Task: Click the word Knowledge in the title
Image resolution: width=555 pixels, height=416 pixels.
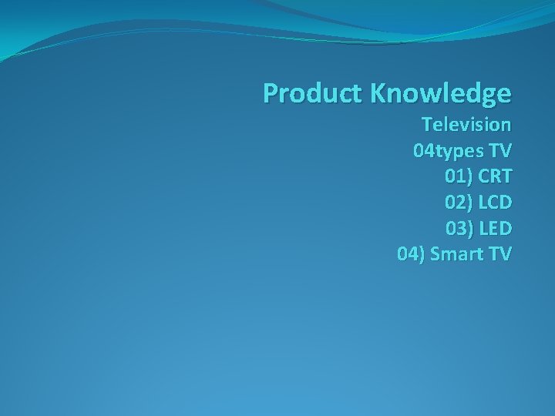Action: click(440, 93)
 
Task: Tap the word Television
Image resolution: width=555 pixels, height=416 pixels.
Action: click(466, 124)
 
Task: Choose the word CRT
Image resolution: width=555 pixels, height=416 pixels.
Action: click(495, 176)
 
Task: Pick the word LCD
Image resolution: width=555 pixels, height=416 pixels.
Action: click(495, 203)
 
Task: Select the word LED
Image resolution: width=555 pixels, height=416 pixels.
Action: click(496, 229)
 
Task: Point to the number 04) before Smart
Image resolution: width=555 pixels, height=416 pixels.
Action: click(410, 254)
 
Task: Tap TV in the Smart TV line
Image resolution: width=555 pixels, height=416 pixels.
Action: click(498, 254)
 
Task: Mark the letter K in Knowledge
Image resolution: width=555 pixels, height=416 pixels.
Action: click(378, 93)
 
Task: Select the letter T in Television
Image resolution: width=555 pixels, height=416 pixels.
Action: click(426, 124)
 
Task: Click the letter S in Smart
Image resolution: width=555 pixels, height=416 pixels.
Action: click(436, 254)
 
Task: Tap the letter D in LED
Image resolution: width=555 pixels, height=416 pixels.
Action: click(505, 229)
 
